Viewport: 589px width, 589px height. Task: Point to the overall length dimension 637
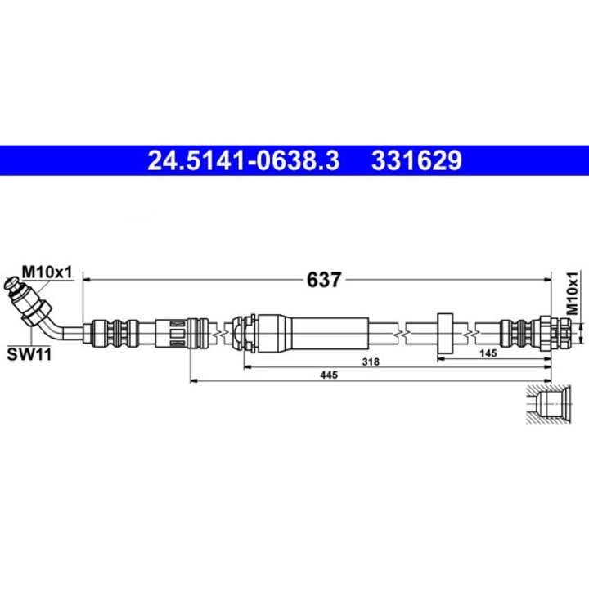coord(323,280)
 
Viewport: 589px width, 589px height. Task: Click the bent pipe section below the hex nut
coord(61,329)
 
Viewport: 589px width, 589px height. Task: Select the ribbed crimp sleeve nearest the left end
coord(110,332)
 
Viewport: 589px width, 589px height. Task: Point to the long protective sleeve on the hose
coord(311,332)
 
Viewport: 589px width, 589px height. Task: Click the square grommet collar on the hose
coord(446,331)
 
